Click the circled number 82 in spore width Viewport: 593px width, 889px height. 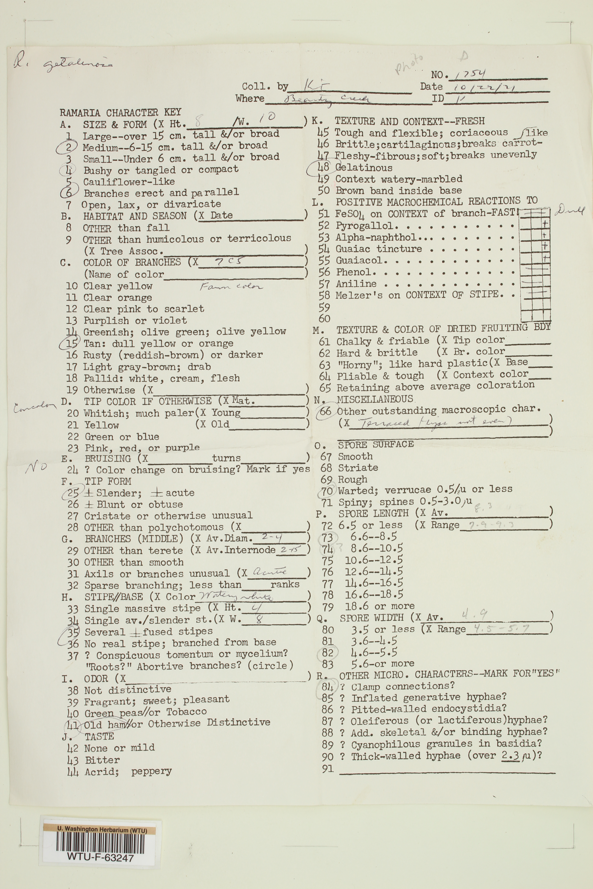tap(328, 652)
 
